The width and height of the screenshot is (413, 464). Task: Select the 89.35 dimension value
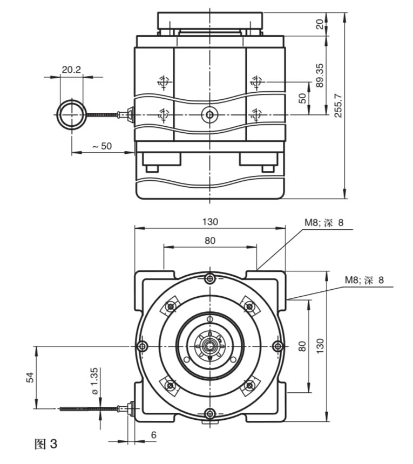point(320,76)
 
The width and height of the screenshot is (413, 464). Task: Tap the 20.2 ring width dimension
point(71,70)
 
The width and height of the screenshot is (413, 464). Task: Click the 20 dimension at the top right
point(320,24)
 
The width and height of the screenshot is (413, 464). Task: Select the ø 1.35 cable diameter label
point(94,380)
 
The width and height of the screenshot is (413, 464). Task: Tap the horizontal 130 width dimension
point(209,221)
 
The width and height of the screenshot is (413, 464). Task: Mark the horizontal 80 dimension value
point(209,241)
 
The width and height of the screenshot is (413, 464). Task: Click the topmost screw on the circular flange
point(210,278)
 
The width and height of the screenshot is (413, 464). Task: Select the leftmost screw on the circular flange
point(143,346)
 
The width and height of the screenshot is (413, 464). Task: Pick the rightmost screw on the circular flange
point(277,346)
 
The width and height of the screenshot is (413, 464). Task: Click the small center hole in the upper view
point(209,114)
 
